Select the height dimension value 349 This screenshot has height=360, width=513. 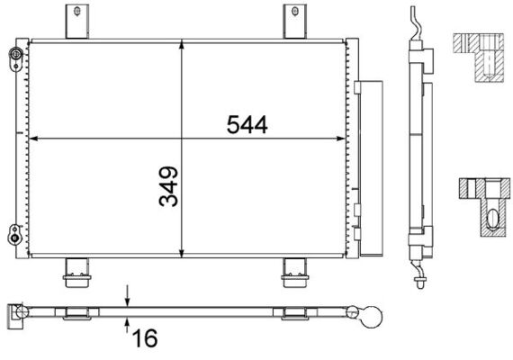[x=168, y=186]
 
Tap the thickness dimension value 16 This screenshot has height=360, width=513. [x=146, y=338]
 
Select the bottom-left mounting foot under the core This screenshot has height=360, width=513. [x=76, y=271]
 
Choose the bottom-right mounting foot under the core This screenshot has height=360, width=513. [x=293, y=271]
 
